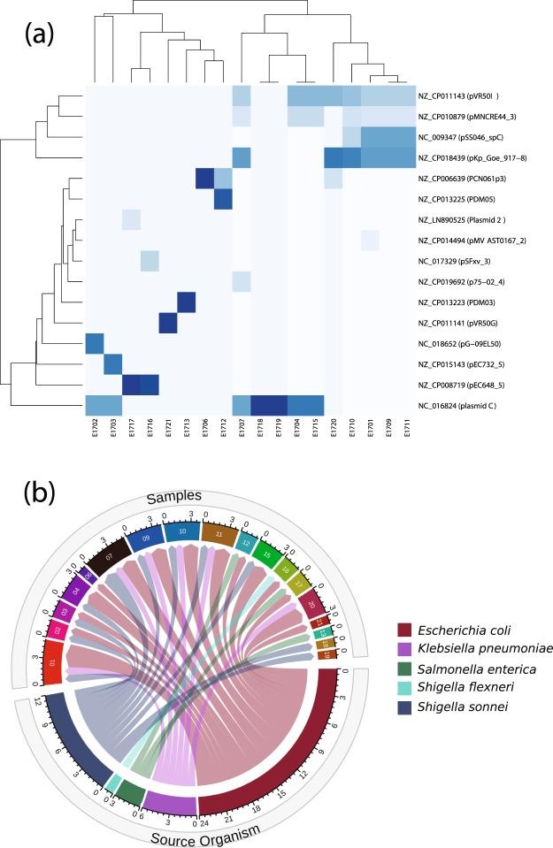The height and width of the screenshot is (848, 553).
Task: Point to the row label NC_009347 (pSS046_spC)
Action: [464, 137]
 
